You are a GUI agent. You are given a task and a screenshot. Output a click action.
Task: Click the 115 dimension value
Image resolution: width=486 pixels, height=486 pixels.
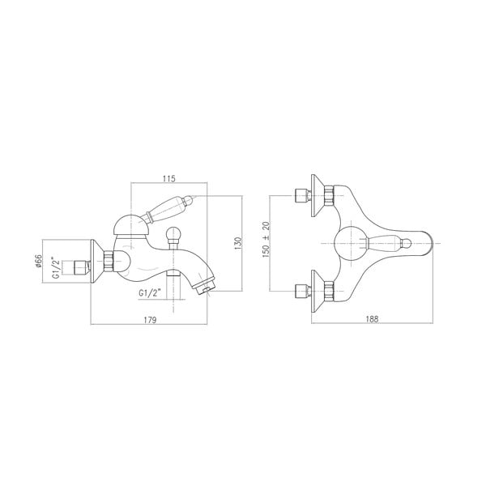[169, 178]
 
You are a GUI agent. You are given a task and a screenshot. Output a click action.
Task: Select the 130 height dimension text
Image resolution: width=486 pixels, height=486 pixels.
[237, 244]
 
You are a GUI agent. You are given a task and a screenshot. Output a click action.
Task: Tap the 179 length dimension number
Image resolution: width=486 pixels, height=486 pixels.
[151, 320]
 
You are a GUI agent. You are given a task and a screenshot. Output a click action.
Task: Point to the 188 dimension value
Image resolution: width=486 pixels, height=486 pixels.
[372, 319]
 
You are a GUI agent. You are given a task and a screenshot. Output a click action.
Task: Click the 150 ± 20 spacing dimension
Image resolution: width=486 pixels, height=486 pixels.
[266, 240]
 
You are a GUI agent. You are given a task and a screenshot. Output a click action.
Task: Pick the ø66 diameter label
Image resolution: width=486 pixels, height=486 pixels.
[38, 261]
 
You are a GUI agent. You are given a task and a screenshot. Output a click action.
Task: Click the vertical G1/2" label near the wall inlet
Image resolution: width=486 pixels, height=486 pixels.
[56, 268]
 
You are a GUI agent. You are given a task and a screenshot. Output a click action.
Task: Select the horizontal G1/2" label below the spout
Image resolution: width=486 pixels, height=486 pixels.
[150, 293]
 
